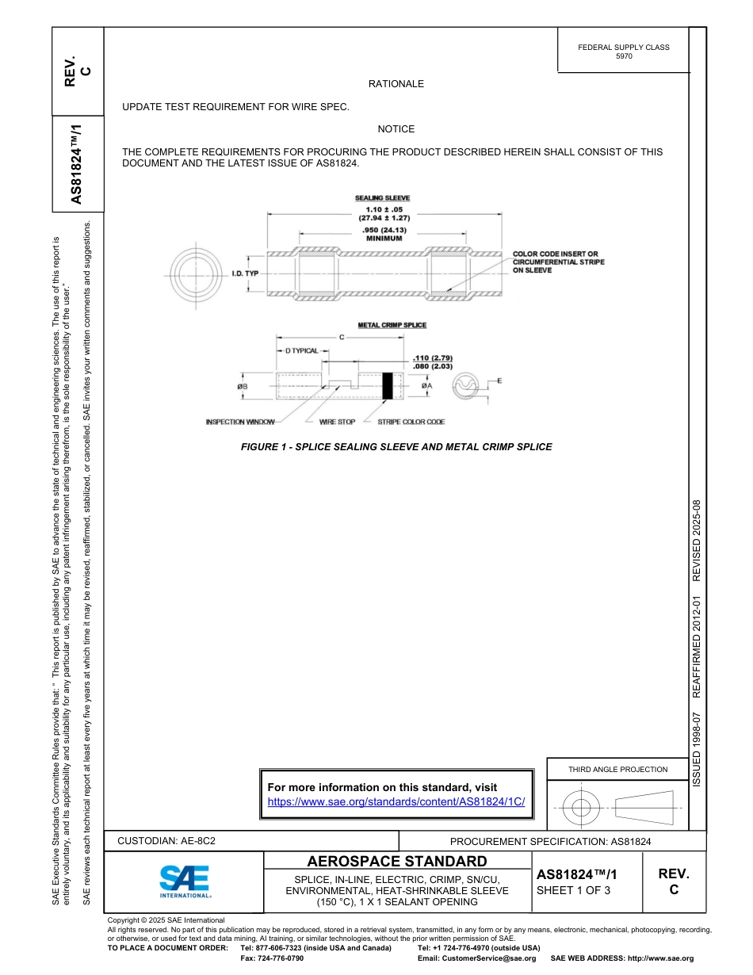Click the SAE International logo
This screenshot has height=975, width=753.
[x=185, y=881]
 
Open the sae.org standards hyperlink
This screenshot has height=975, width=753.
[x=396, y=801]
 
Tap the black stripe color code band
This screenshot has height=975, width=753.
[x=388, y=385]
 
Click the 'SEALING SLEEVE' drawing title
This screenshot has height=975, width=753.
[x=383, y=198]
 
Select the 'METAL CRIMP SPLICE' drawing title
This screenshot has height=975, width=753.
[x=392, y=325]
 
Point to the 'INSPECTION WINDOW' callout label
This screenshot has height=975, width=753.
[x=240, y=422]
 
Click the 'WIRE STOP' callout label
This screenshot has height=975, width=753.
[x=337, y=422]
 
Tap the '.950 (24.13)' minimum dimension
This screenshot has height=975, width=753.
[x=384, y=230]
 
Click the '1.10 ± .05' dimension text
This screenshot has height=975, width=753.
[x=384, y=208]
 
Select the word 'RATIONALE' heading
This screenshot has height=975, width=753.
[x=396, y=84]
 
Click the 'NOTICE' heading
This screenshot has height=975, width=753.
[x=396, y=128]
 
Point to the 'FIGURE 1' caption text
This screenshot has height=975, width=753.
[x=396, y=447]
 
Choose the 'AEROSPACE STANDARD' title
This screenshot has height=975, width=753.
[x=397, y=862]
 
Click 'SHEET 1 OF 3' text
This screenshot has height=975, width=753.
[x=574, y=890]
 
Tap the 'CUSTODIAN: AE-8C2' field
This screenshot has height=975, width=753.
[x=166, y=840]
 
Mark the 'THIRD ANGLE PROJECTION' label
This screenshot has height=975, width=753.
[x=617, y=769]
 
